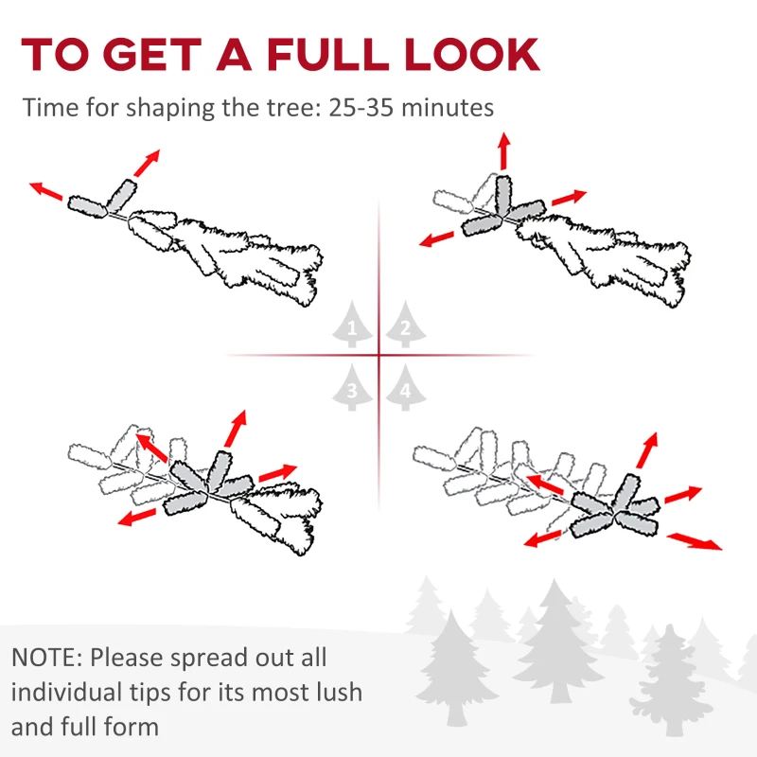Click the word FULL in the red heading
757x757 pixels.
[x=327, y=54]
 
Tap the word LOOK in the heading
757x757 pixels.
[x=472, y=54]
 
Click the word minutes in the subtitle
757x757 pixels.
[x=448, y=107]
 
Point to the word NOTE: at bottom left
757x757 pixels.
[x=46, y=658]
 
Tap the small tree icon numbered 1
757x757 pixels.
[x=352, y=324]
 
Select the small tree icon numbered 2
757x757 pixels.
[x=406, y=324]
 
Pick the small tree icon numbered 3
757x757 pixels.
[x=352, y=387]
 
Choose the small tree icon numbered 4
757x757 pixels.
[x=406, y=387]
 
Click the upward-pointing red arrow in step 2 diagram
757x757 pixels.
[x=504, y=150]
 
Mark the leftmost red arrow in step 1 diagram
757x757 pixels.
[x=45, y=191]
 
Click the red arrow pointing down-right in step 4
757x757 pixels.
[x=695, y=541]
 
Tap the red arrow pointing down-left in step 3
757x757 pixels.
[x=137, y=517]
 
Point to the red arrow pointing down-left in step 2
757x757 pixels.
[x=437, y=239]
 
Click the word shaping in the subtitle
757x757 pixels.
[x=170, y=108]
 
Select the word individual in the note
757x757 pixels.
[x=66, y=692]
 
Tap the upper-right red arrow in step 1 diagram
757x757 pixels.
[x=147, y=163]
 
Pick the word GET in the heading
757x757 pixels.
[x=152, y=54]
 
